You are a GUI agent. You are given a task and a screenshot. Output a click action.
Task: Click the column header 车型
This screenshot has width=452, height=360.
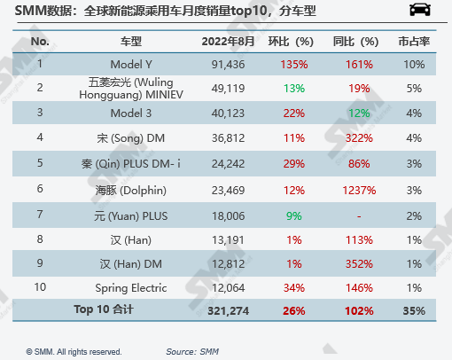click(x=130, y=43)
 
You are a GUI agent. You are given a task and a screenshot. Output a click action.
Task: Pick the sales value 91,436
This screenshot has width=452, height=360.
click(x=209, y=64)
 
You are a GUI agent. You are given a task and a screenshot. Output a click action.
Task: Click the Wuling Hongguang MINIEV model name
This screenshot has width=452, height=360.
click(x=130, y=88)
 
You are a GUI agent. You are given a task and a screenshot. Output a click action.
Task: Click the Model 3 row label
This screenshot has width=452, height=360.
click(x=130, y=113)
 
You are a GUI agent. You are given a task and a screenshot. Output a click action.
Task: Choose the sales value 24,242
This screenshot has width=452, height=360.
click(x=209, y=164)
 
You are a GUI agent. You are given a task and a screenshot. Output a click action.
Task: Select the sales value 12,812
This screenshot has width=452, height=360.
click(x=209, y=263)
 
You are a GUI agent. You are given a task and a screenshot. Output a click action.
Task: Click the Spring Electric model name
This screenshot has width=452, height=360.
click(x=130, y=288)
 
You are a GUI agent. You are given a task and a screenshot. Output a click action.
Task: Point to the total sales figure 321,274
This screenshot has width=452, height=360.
click(x=209, y=311)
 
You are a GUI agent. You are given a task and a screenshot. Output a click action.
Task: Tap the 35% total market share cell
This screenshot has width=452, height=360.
click(x=413, y=311)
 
